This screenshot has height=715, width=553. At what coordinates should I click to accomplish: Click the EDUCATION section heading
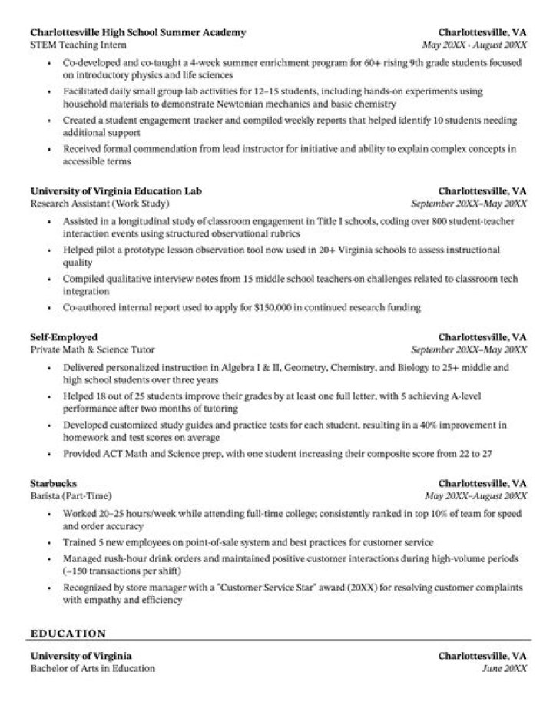(x=68, y=634)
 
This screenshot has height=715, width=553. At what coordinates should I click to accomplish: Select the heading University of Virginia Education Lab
(x=116, y=190)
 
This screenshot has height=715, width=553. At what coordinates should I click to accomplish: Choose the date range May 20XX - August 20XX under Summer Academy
(x=475, y=45)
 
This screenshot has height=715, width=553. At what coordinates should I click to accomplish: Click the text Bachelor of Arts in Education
(x=92, y=668)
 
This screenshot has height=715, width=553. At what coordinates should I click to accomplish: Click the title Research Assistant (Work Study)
(x=99, y=204)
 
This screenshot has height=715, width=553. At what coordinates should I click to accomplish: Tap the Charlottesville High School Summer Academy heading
(x=138, y=33)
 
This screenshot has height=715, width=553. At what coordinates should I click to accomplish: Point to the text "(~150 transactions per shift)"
(x=122, y=571)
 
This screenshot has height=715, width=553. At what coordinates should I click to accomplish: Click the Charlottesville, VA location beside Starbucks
(x=482, y=484)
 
